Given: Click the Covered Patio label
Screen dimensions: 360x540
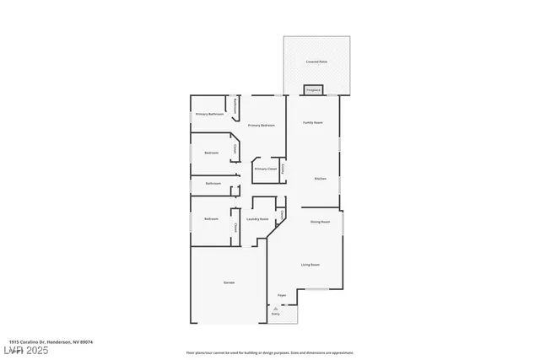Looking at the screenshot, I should [316, 63].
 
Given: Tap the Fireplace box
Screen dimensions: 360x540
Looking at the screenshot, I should [313, 89].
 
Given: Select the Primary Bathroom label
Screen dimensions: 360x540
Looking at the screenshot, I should [208, 114].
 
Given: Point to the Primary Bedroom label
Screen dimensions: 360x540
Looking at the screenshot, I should [261, 125].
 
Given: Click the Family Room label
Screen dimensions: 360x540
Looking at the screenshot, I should [313, 122].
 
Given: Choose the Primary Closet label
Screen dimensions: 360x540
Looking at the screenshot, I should [265, 169].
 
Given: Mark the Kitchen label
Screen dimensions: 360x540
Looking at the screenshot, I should [321, 179].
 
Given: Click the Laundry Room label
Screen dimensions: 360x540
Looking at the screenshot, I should [257, 219].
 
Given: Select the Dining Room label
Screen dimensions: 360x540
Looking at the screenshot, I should [320, 222].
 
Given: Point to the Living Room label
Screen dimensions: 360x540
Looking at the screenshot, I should [310, 265].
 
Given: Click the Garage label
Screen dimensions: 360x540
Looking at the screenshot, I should [229, 282].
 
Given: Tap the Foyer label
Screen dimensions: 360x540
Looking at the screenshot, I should [282, 295].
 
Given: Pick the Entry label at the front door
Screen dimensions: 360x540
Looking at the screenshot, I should [275, 314].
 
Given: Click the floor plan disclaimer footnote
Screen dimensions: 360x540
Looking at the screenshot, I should [269, 352].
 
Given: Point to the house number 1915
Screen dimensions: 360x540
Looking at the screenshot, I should [9, 341].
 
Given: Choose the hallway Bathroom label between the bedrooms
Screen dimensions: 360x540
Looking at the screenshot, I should [213, 183].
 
